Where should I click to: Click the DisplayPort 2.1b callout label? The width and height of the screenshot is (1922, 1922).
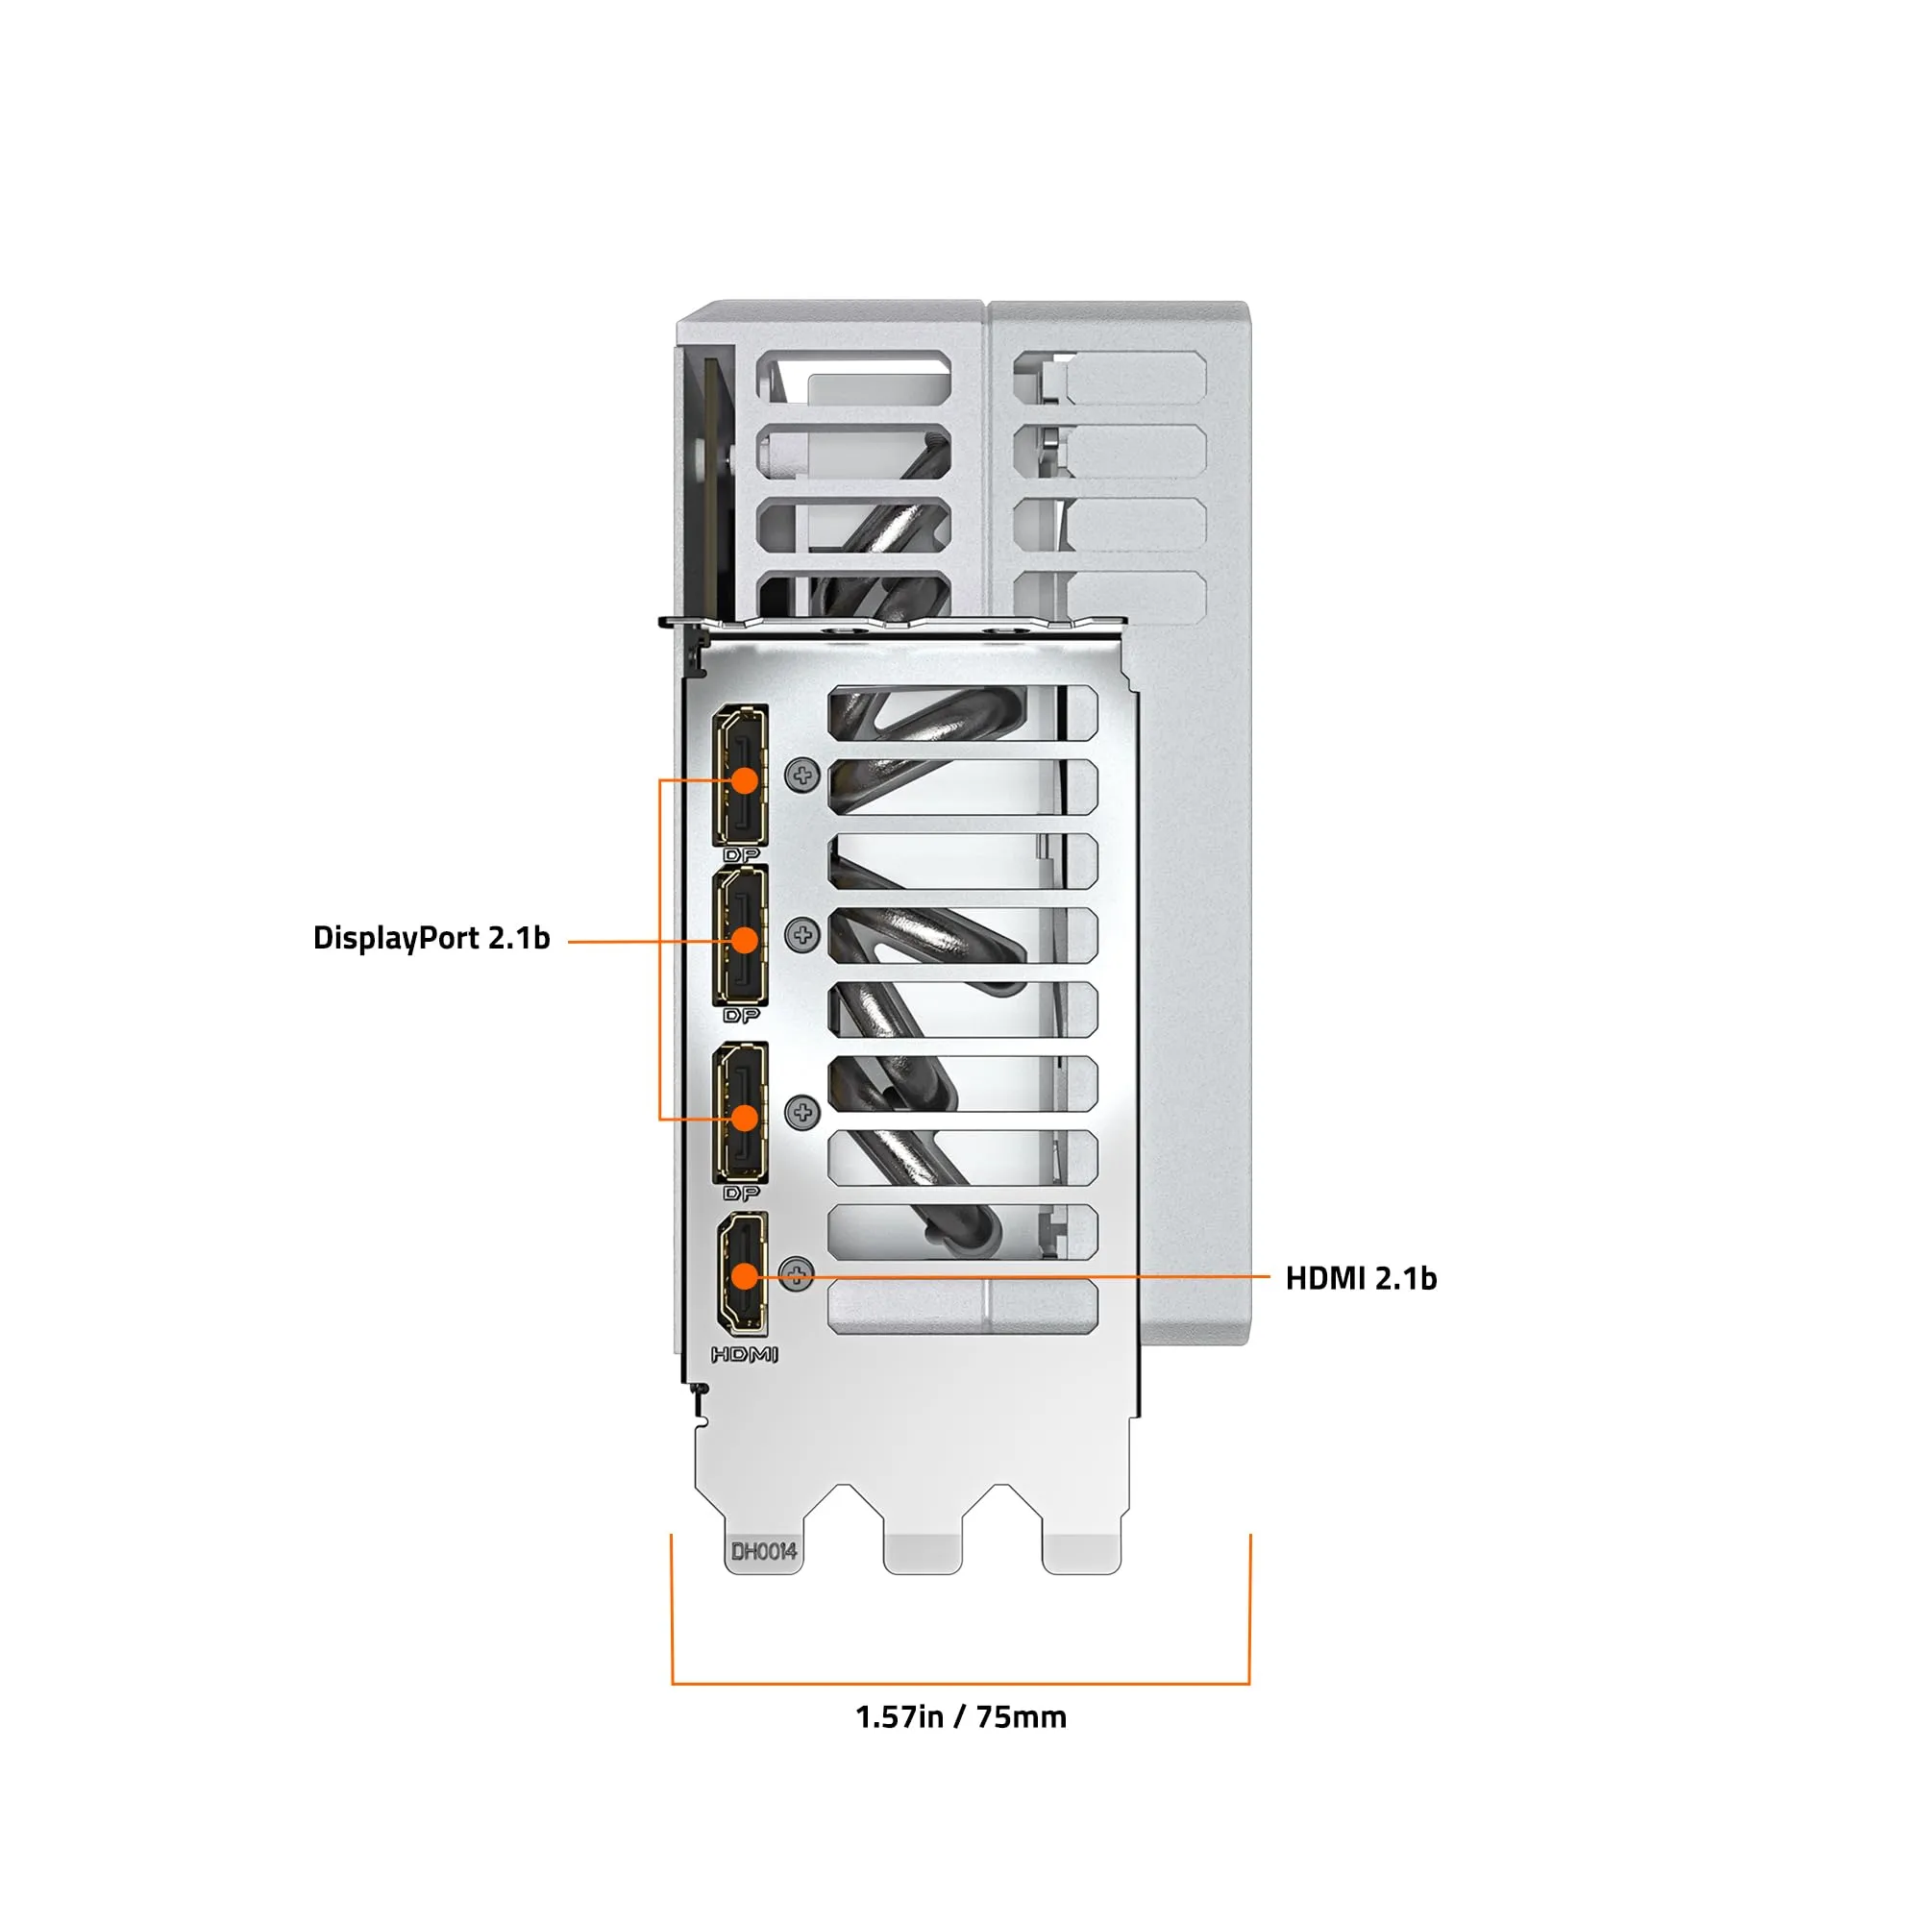click(x=431, y=938)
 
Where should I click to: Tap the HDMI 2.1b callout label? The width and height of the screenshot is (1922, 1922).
click(x=1361, y=1278)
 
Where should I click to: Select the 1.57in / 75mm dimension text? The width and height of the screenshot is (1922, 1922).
click(x=961, y=1718)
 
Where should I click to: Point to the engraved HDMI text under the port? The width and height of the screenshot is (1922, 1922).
click(x=744, y=1355)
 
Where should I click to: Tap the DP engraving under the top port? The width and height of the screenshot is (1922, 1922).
click(x=741, y=854)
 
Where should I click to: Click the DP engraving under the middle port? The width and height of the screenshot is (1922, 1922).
click(x=741, y=1016)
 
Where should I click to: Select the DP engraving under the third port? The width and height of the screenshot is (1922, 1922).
click(x=741, y=1193)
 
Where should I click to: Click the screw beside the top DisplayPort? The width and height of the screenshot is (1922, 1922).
click(x=802, y=776)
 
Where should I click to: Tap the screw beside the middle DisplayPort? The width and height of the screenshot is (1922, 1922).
click(x=802, y=935)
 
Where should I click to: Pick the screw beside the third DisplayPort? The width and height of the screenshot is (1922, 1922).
click(x=802, y=1112)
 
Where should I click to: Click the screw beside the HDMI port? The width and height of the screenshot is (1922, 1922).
click(x=797, y=1274)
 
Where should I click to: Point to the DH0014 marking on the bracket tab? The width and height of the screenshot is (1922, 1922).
click(x=764, y=1551)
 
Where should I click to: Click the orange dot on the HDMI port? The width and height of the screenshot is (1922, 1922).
click(x=744, y=1276)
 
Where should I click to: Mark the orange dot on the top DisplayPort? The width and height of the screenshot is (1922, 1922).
click(x=744, y=780)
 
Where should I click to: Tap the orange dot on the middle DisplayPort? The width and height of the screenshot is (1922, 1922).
click(x=744, y=940)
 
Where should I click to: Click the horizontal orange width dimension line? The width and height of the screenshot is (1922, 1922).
click(x=961, y=1685)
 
